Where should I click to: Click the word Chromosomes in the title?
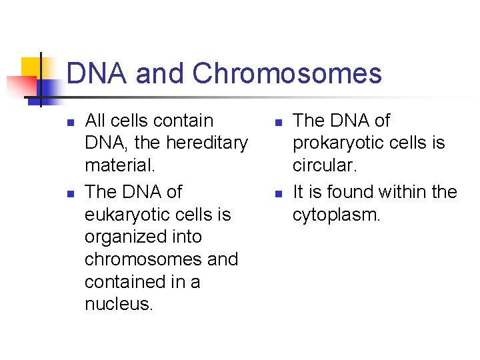click(x=287, y=74)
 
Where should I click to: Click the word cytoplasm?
click(x=337, y=215)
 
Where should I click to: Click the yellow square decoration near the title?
click(x=31, y=67)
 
